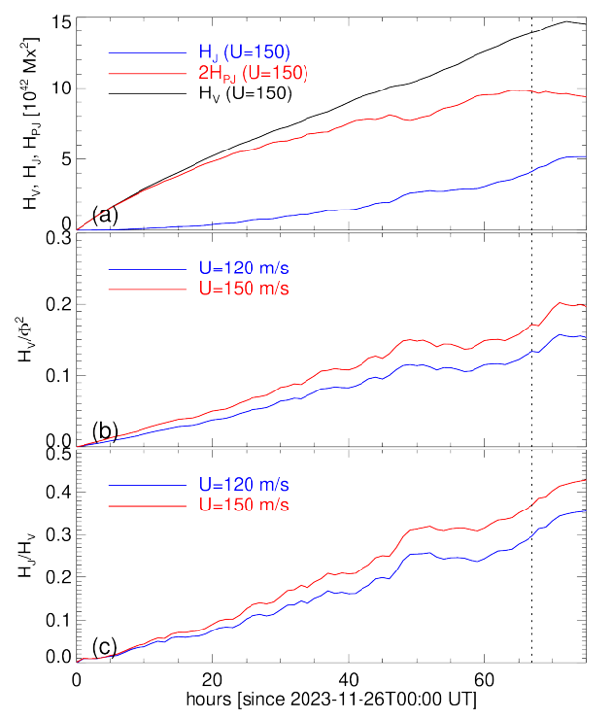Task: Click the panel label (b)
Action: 106,431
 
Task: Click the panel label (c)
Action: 106,646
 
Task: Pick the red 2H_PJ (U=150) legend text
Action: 251,73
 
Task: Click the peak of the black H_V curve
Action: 568,21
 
